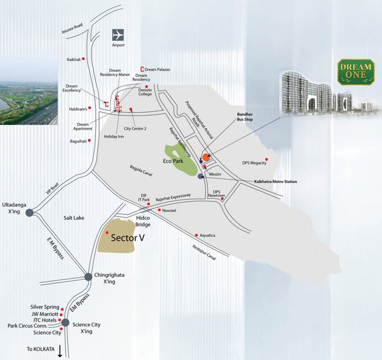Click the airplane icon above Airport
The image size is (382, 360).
(x=118, y=35)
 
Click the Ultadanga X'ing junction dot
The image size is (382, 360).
(x=29, y=212)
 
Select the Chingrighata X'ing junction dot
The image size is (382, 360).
(x=88, y=277)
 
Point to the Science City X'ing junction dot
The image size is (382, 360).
(x=65, y=322)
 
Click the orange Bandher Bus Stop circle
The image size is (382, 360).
(x=206, y=157)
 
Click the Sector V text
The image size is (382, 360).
(x=127, y=238)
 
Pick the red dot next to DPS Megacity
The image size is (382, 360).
(x=267, y=159)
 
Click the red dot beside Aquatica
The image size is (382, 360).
(x=197, y=235)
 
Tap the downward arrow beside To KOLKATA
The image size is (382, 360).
(x=60, y=351)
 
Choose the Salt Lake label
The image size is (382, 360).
(x=74, y=217)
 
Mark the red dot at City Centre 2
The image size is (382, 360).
(x=131, y=110)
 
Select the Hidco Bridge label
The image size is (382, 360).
(x=143, y=221)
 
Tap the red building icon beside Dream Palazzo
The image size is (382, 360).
(x=142, y=69)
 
